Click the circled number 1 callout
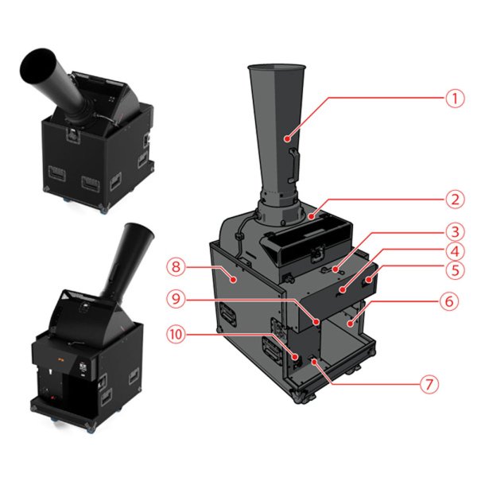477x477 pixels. point(455,99)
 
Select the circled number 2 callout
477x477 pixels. point(455,200)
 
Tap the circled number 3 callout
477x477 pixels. point(455,232)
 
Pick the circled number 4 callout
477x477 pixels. point(455,251)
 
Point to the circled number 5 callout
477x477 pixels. point(455,270)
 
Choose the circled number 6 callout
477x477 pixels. point(449,301)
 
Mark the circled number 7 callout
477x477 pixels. point(429,384)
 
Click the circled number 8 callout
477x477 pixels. point(176,267)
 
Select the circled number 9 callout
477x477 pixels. point(176,299)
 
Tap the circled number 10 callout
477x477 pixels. point(176,335)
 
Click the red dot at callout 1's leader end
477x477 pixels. point(286,139)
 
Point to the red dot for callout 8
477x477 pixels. point(233,279)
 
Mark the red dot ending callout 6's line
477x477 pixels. point(351,324)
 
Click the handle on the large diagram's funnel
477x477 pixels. point(293,165)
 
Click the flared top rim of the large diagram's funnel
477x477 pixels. point(276,67)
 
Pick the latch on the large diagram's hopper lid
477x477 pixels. point(317,252)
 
